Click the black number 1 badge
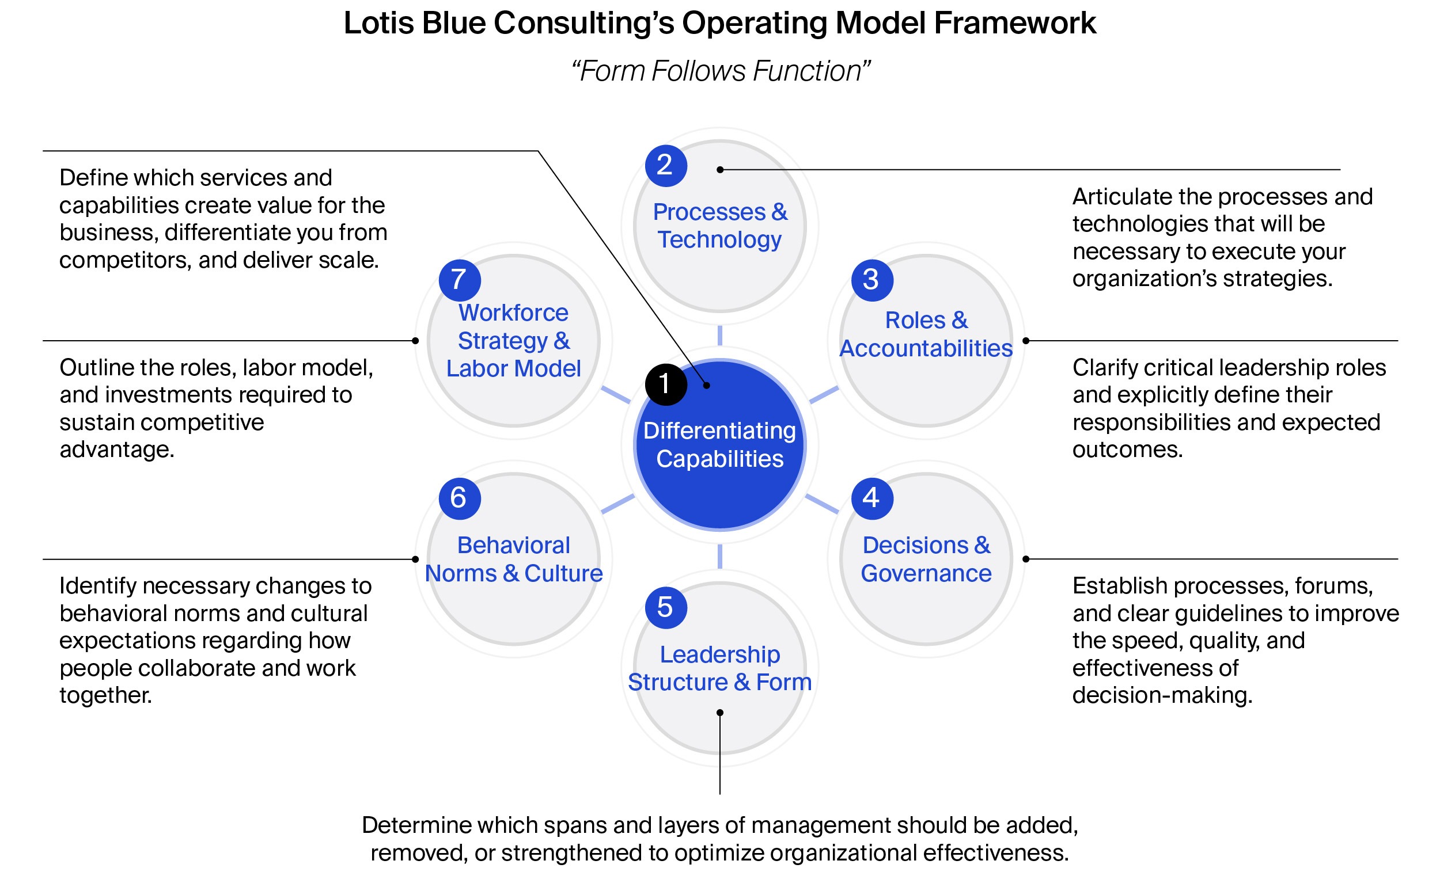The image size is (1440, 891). tap(665, 384)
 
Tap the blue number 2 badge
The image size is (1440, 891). tap(665, 166)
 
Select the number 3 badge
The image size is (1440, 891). tap(871, 280)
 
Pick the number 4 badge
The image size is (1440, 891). tap(871, 498)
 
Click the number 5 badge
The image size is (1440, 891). tap(665, 607)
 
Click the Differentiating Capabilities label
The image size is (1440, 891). tap(719, 444)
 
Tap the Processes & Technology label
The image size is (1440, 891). tap(719, 226)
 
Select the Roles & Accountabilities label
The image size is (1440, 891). tap(926, 334)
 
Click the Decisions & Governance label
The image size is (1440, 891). tap(926, 559)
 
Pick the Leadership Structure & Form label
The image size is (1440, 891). tap(719, 668)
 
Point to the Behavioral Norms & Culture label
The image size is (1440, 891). tap(513, 559)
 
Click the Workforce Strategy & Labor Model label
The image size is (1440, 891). tap(513, 341)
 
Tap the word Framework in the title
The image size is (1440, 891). tap(1014, 24)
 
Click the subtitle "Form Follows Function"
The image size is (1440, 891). tap(719, 71)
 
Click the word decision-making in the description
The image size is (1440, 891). tap(1162, 695)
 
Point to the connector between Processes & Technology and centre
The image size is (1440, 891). tap(719, 336)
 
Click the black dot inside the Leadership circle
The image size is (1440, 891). tap(719, 713)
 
